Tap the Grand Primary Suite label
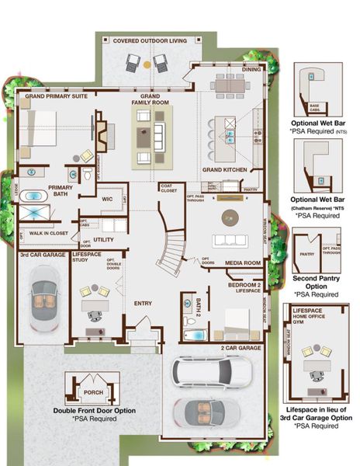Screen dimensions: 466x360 [55, 97]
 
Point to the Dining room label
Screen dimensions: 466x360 [251, 69]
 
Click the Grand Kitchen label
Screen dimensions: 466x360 [225, 169]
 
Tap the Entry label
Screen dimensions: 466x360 [143, 303]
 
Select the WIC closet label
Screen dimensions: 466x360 [108, 199]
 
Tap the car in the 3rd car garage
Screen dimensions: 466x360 [43, 299]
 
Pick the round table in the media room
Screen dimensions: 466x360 [230, 217]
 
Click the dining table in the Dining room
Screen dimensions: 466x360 [229, 85]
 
